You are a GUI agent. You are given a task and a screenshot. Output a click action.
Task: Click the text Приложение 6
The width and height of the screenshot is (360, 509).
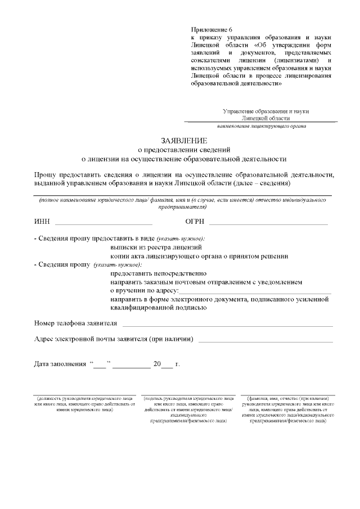click(211, 29)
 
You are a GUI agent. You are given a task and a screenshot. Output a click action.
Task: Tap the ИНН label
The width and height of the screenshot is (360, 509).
click(42, 222)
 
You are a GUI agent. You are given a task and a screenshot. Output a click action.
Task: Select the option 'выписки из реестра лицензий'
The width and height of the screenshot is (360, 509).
click(156, 247)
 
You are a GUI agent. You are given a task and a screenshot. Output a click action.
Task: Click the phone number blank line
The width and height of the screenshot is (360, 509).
click(227, 325)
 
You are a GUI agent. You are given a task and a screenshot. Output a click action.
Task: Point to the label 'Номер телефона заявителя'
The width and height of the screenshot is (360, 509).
click(75, 323)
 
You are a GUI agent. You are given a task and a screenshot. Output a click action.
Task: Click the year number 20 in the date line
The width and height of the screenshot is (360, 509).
click(157, 364)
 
